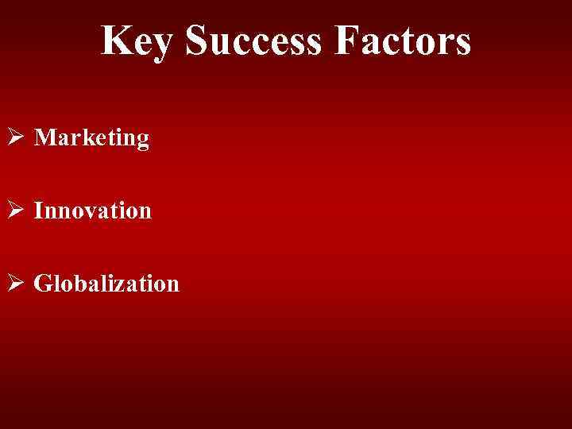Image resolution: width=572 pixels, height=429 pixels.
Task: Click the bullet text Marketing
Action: tap(92, 138)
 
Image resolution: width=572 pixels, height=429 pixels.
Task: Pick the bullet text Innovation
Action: tap(93, 211)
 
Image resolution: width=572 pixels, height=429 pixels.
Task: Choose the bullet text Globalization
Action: tap(107, 283)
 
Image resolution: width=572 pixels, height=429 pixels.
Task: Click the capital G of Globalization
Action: tap(44, 283)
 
